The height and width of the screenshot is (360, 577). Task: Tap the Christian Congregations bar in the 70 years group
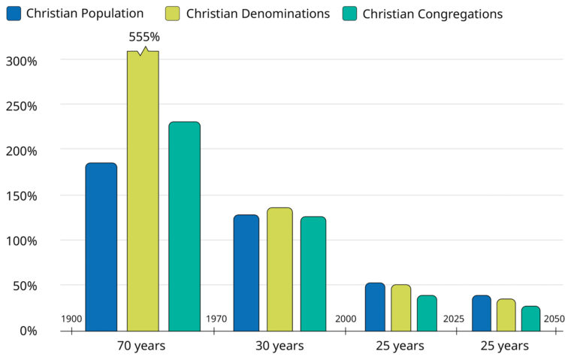click(184, 226)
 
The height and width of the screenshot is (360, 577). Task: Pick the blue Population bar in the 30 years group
click(246, 273)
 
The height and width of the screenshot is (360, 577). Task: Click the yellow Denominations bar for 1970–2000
click(279, 269)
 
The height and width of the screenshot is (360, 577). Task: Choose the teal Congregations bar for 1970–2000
click(313, 274)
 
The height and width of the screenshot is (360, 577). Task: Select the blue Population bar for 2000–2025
click(375, 307)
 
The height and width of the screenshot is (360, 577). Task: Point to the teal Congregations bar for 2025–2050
click(530, 318)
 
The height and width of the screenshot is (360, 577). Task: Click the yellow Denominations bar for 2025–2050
click(506, 315)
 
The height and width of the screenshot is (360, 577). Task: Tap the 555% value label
click(145, 37)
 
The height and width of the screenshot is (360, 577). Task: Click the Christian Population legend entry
click(74, 14)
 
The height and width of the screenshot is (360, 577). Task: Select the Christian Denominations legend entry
click(247, 14)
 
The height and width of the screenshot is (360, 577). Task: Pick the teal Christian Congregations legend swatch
click(349, 14)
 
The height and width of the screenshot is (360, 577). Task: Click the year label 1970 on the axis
click(216, 319)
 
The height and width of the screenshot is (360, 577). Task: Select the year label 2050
click(554, 319)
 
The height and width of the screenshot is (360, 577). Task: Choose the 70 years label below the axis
click(141, 346)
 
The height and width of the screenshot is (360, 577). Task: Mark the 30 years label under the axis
click(279, 346)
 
